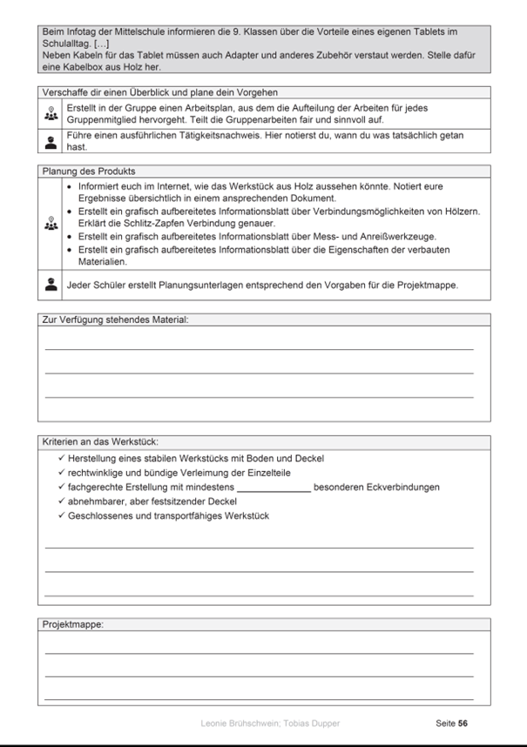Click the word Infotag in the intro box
tap(74, 31)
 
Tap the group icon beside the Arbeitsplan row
tap(51, 114)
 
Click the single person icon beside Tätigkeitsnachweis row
tap(51, 142)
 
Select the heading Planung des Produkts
tap(89, 172)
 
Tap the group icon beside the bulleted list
tap(51, 224)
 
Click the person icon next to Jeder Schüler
tap(51, 284)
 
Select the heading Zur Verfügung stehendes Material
tap(115, 320)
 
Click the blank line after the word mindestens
tap(274, 488)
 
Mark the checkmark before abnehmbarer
tap(60, 501)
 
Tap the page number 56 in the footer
tap(463, 723)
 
